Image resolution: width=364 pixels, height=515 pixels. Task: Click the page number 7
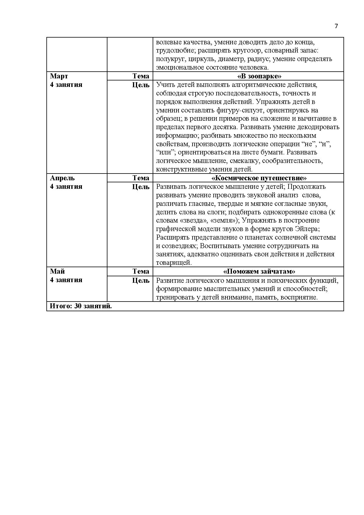tap(336, 26)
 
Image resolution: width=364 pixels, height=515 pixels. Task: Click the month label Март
tap(59, 76)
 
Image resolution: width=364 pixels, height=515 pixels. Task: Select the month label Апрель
tap(62, 178)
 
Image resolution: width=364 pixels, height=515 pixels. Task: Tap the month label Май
tap(57, 271)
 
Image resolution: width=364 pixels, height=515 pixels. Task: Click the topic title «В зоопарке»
tap(259, 76)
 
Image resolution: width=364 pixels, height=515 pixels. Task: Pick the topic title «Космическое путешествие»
tap(259, 178)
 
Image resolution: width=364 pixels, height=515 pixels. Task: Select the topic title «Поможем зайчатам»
tap(259, 272)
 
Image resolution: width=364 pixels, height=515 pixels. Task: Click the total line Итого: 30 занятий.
tap(81, 306)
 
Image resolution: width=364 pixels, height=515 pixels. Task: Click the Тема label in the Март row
tap(141, 76)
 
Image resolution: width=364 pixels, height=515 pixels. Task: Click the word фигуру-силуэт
tap(240, 110)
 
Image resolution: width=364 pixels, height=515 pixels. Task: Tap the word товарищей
tap(174, 263)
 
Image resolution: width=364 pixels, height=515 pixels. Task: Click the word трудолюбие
tap(175, 51)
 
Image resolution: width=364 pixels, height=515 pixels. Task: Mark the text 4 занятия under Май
tap(66, 280)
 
